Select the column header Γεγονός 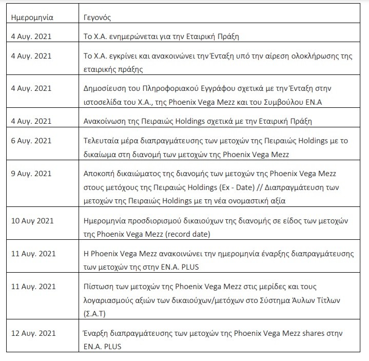(x=98, y=17)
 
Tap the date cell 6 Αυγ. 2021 (x=31, y=141)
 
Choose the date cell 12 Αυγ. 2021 (x=33, y=334)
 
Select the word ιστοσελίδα (x=104, y=100)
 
